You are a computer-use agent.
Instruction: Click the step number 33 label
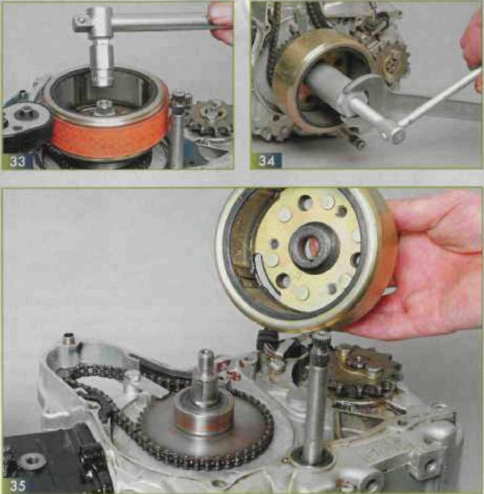[17, 162]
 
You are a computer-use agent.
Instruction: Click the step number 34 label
[266, 161]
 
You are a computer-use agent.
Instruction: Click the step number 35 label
[17, 485]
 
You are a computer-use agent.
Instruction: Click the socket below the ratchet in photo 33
[101, 65]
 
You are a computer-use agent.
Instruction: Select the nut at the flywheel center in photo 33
[102, 106]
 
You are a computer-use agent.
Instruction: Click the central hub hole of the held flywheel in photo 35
[314, 247]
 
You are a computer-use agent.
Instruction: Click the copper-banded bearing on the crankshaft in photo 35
[204, 418]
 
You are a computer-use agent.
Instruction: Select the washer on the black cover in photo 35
[31, 462]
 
